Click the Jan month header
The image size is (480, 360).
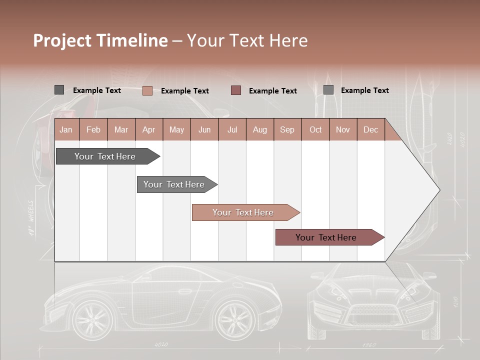[66, 129]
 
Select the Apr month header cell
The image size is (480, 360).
[149, 129]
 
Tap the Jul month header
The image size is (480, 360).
[232, 129]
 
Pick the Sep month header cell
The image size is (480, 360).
[287, 129]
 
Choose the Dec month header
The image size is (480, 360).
[370, 129]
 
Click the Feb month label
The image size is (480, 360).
[93, 129]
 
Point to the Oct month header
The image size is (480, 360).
[315, 129]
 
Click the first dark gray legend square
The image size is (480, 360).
[59, 90]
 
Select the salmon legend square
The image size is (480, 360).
[147, 90]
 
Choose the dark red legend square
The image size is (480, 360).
[236, 90]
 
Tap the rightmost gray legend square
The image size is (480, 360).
[328, 90]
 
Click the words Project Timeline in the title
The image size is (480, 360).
[100, 40]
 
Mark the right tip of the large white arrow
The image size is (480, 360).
[439, 190]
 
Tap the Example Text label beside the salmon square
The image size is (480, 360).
[185, 90]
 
